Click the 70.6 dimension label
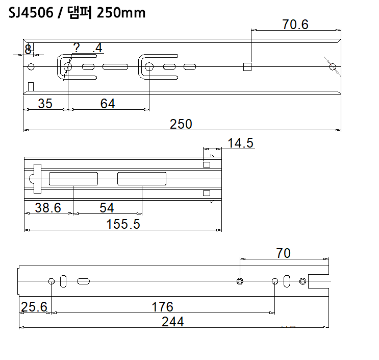click(295, 24)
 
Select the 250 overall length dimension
click(182, 124)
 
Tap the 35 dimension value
click(45, 104)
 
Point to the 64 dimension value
click(107, 104)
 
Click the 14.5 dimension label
click(241, 143)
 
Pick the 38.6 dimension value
click(47, 208)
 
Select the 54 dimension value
click(107, 208)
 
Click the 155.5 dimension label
click(123, 224)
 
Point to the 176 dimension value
click(163, 307)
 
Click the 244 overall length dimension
click(172, 322)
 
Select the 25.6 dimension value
click(34, 307)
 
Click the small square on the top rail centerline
click(247, 66)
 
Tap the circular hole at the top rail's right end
click(333, 66)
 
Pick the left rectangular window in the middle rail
click(73, 179)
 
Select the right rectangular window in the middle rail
click(141, 179)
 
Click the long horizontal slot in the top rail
click(115, 66)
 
